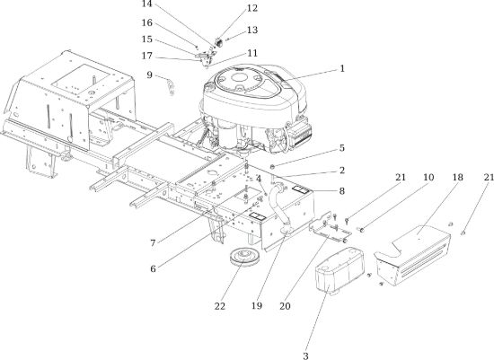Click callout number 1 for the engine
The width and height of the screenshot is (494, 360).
point(342,68)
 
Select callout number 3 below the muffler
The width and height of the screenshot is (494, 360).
point(305,356)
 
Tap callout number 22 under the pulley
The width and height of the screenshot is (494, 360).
point(220,306)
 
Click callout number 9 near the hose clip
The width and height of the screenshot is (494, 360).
point(150,75)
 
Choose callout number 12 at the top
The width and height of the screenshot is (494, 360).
point(252,8)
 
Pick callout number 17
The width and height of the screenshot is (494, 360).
point(147,56)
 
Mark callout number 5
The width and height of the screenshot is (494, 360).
point(342,148)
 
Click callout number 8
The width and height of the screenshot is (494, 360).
point(342,191)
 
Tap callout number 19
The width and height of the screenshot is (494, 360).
point(257,305)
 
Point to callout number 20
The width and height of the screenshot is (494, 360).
point(285,306)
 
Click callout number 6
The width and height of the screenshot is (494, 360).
point(153,269)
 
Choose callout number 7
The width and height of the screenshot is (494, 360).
point(153,243)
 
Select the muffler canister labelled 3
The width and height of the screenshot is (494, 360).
point(340,270)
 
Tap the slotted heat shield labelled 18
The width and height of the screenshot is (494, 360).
point(413,254)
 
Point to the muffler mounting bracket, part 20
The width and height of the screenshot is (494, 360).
point(330,228)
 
